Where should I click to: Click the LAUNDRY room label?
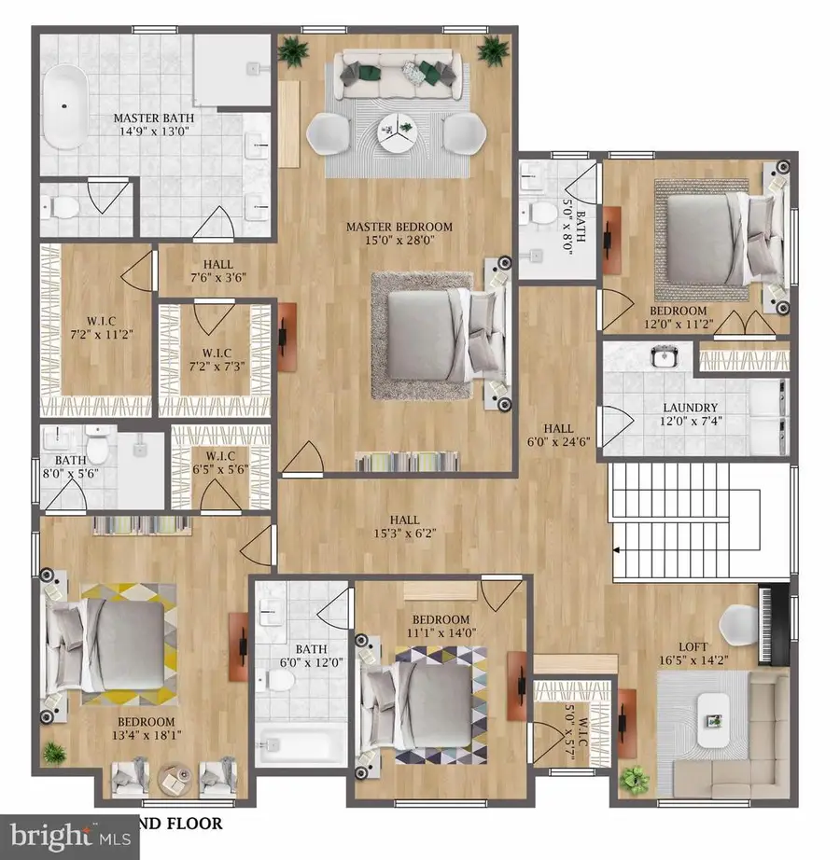pos(690,408)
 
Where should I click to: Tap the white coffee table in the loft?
pos(716,714)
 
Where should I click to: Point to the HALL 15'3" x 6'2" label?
pos(404,527)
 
